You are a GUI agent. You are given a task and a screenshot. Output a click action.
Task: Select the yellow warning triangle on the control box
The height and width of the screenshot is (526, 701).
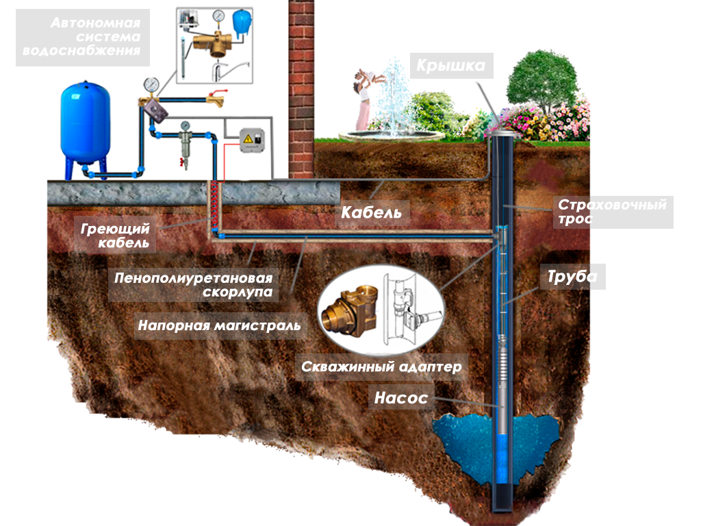(x=246, y=140)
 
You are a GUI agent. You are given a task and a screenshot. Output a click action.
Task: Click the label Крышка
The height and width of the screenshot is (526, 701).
(x=452, y=66)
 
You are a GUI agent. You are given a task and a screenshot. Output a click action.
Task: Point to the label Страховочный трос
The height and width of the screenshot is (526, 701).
(x=612, y=212)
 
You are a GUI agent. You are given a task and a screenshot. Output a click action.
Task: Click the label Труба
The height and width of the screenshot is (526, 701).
(x=572, y=277)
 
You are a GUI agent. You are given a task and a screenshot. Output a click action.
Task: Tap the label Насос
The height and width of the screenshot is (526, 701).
(x=400, y=397)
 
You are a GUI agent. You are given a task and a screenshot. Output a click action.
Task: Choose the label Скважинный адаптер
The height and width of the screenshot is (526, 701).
(x=382, y=366)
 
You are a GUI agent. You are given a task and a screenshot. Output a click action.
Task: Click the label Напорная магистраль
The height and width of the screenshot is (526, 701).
(x=219, y=325)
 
